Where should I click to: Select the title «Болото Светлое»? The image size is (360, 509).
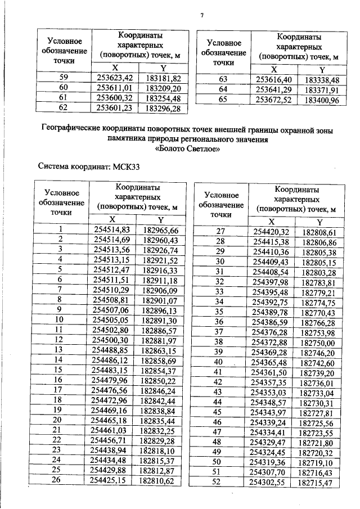pos(187,149)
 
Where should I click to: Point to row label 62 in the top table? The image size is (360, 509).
pos(63,107)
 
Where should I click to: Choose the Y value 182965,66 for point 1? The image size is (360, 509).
pos(161,229)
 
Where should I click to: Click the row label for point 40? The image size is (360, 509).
pos(220,361)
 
